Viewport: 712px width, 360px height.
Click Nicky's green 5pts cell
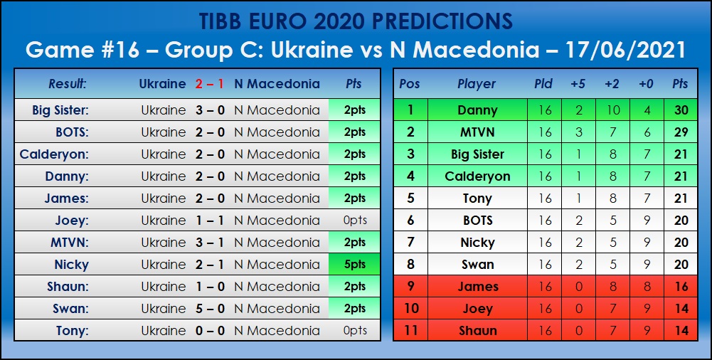click(355, 264)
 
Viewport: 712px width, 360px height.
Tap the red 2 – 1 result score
click(210, 84)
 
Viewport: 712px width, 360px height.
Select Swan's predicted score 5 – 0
click(210, 309)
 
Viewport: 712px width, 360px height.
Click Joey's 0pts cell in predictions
click(355, 220)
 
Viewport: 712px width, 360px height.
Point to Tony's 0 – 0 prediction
click(210, 331)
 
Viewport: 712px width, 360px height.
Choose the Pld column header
click(543, 84)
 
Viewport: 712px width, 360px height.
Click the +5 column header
click(578, 84)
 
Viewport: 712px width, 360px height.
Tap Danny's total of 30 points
click(681, 110)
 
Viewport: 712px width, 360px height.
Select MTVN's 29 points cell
click(681, 132)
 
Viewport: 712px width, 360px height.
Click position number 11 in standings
click(410, 331)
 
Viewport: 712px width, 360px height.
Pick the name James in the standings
click(478, 287)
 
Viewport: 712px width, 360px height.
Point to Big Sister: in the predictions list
click(60, 110)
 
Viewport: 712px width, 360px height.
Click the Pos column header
click(410, 84)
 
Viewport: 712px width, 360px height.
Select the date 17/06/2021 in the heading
click(625, 50)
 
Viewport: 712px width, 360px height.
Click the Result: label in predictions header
click(67, 84)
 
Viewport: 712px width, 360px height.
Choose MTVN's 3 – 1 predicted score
click(210, 243)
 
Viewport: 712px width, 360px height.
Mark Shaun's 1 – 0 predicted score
click(210, 287)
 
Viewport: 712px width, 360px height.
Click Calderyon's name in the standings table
click(478, 176)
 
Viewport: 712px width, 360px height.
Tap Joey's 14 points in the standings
click(681, 309)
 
